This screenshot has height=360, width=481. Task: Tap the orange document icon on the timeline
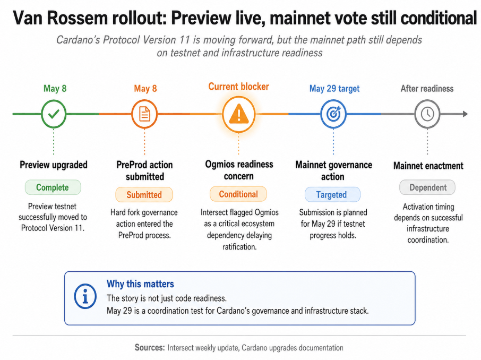click(x=144, y=114)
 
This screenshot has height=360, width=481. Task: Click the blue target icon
click(x=333, y=114)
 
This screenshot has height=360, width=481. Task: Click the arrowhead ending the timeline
click(x=465, y=114)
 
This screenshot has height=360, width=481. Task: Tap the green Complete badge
click(x=53, y=187)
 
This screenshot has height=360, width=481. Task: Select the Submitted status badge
click(x=144, y=194)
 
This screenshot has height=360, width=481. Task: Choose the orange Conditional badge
click(x=238, y=194)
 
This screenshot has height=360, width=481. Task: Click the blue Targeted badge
click(x=332, y=194)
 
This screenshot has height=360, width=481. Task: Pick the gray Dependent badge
click(x=427, y=187)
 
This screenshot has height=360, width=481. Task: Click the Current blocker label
click(x=239, y=87)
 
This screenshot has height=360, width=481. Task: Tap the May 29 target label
click(x=334, y=89)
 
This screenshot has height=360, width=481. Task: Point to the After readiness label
click(x=427, y=89)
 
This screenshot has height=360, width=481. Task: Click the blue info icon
click(x=85, y=296)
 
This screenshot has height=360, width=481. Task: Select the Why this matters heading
click(x=140, y=284)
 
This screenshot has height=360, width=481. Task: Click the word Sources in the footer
click(x=150, y=347)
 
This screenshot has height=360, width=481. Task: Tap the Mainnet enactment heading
click(x=428, y=166)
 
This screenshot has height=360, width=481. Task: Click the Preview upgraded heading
click(x=54, y=165)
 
